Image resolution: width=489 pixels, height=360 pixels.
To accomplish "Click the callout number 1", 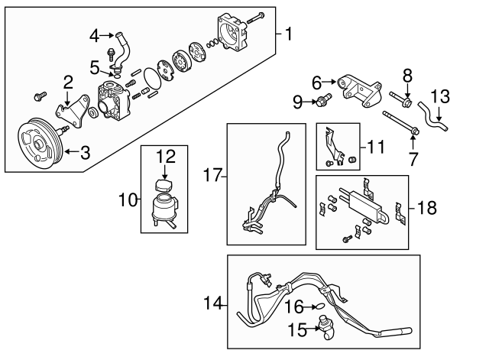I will tap(289, 34).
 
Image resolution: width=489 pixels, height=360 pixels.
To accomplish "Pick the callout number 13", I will tap(442, 97).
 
